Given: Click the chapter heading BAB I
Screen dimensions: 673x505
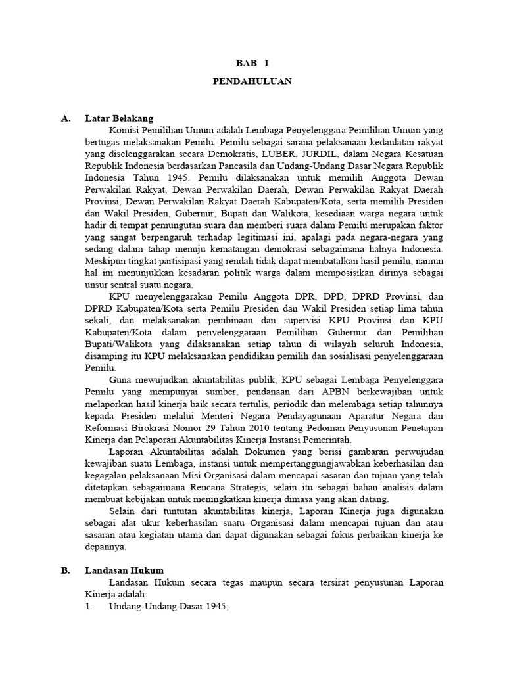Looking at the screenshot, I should (252, 64).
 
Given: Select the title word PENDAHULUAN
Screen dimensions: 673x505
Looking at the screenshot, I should (252, 81).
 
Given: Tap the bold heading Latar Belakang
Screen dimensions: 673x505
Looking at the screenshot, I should (119, 118).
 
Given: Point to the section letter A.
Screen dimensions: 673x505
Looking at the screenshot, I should (65, 118).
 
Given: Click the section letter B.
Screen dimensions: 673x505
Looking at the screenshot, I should (65, 570).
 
